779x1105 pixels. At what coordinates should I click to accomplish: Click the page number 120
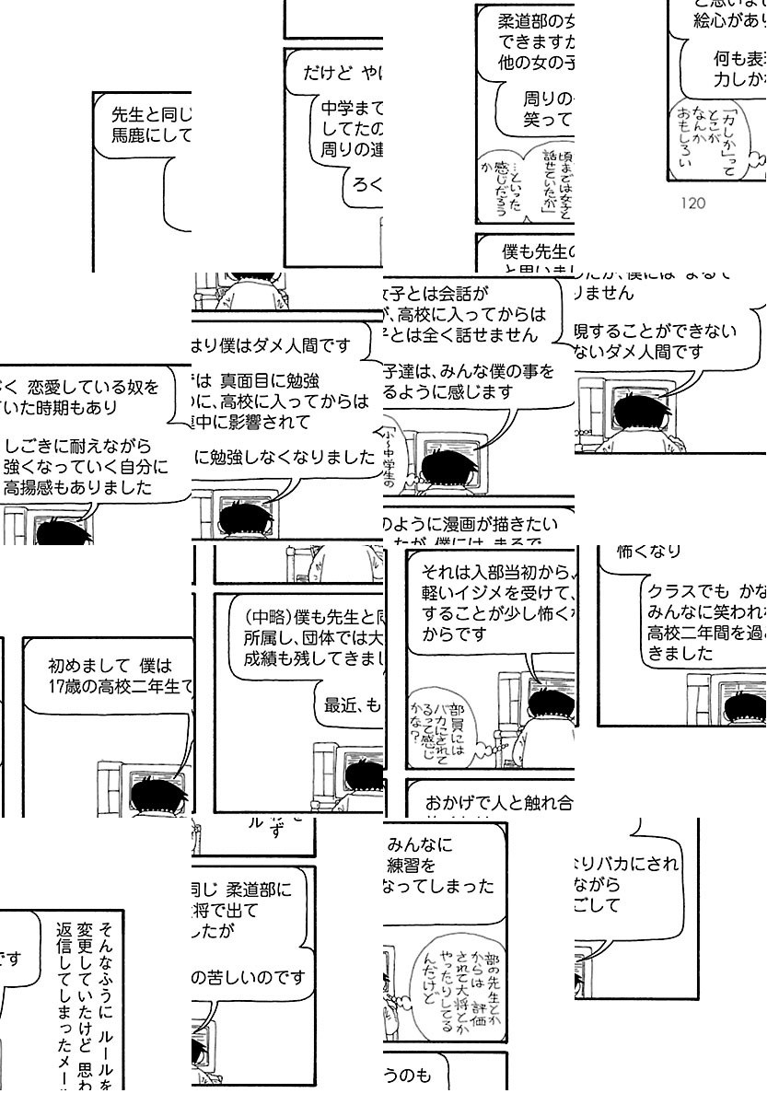pos(692,204)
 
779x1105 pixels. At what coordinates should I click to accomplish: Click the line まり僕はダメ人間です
pos(272,346)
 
